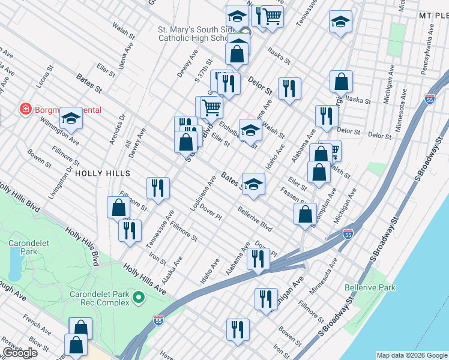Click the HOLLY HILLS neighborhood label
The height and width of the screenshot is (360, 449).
click(x=103, y=173)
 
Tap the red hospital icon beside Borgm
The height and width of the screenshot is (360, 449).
click(x=26, y=110)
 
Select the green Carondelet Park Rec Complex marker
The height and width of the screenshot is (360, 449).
click(x=139, y=298)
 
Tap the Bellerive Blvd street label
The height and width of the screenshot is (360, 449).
click(x=255, y=220)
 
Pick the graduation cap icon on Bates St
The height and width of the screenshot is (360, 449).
click(x=253, y=184)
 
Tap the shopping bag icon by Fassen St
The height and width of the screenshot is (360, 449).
click(x=305, y=214)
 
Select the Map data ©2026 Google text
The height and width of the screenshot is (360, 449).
click(x=411, y=355)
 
